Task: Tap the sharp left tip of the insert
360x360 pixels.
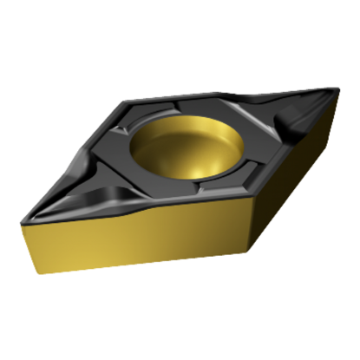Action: point(19,214)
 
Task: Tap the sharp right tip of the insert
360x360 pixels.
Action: point(341,89)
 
